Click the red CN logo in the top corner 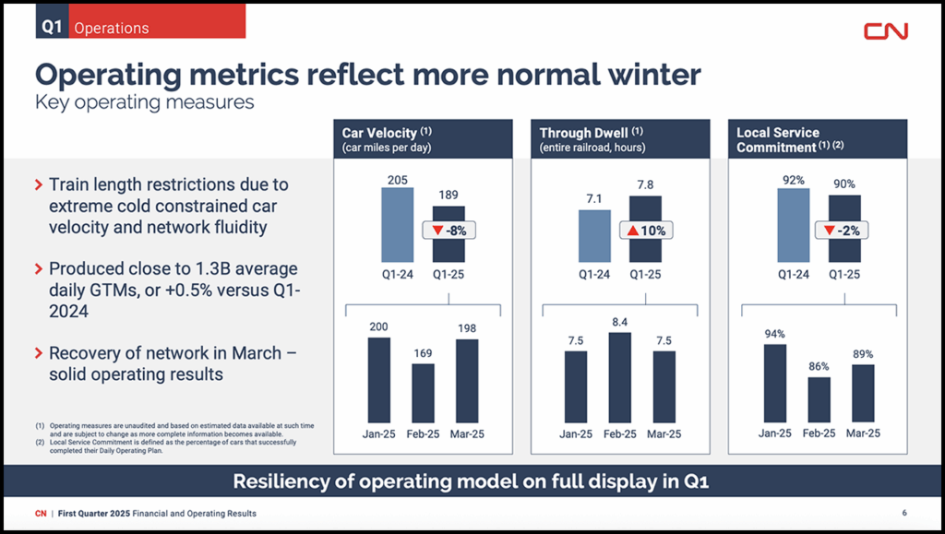click(x=885, y=30)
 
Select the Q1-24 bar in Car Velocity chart click(x=397, y=225)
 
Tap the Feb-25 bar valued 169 click(x=423, y=393)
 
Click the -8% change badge click(x=449, y=231)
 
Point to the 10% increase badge click(x=647, y=231)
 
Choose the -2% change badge click(x=843, y=231)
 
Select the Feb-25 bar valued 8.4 click(x=620, y=377)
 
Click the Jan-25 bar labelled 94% click(x=775, y=383)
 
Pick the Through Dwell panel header click(x=620, y=139)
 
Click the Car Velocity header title click(x=380, y=133)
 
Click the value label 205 click(x=397, y=179)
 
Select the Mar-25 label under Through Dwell click(x=664, y=434)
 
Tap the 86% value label click(x=819, y=366)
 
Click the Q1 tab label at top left click(x=52, y=27)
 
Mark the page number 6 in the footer click(x=904, y=513)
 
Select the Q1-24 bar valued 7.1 click(x=594, y=235)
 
